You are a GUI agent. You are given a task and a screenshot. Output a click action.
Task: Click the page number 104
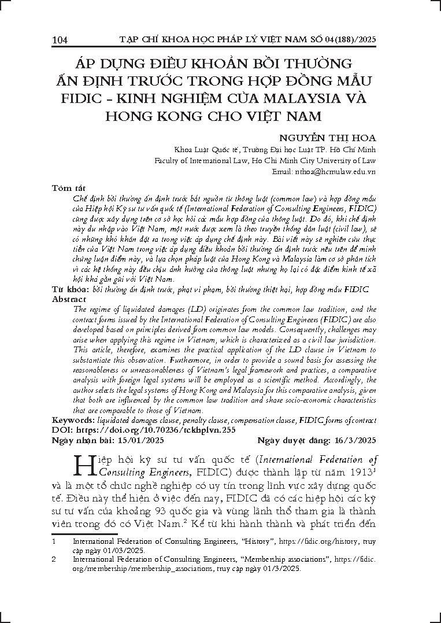tap(60, 40)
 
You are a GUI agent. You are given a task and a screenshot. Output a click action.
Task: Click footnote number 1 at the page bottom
tap(54, 541)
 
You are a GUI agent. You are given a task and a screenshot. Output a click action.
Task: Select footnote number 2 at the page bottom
tap(54, 560)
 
